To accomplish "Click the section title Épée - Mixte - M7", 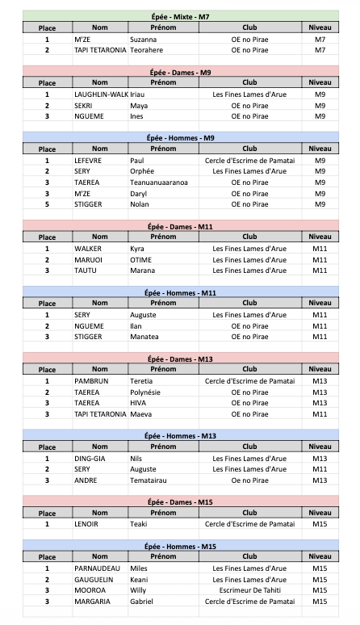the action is tap(181, 16).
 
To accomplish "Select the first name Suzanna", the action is tap(144, 39).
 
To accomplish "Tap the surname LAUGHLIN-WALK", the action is tap(101, 94).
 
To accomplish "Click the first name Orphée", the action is tap(143, 171).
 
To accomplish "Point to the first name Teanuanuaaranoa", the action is tap(159, 182).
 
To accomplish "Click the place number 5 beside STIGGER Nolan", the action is tap(47, 204).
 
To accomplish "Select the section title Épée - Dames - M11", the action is tap(181, 227).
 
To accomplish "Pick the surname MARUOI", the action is tap(88, 260).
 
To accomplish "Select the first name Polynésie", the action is tap(146, 392).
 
